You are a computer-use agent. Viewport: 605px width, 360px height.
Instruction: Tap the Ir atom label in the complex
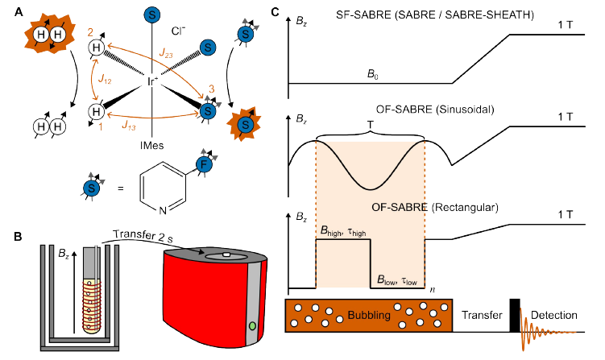[x=151, y=82]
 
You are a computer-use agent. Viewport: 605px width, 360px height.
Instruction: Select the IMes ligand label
[x=151, y=147]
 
